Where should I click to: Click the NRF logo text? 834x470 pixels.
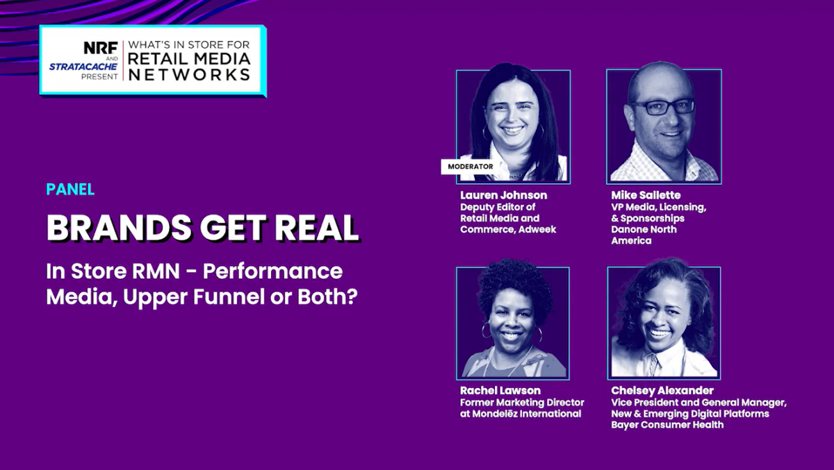pos(101,48)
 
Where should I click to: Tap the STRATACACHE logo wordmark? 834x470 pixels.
pos(83,67)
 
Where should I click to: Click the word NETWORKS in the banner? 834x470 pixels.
pos(189,75)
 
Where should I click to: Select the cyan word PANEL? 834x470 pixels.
pos(70,190)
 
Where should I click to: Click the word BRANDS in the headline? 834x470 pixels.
pos(119,228)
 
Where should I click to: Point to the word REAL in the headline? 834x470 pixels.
pos(317,228)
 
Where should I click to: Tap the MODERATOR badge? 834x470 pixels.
pos(471,167)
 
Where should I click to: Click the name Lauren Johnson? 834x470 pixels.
pos(503,195)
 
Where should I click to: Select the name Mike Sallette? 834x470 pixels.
pos(646,195)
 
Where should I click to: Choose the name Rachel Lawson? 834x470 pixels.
pos(500,390)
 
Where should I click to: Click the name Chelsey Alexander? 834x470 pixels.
pos(662,390)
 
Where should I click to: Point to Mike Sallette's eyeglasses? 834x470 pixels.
pos(664,107)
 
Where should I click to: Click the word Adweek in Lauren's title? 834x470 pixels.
pos(537,229)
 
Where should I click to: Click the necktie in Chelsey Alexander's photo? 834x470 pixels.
pos(653,364)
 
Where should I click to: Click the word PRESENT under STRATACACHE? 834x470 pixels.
pos(99,76)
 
